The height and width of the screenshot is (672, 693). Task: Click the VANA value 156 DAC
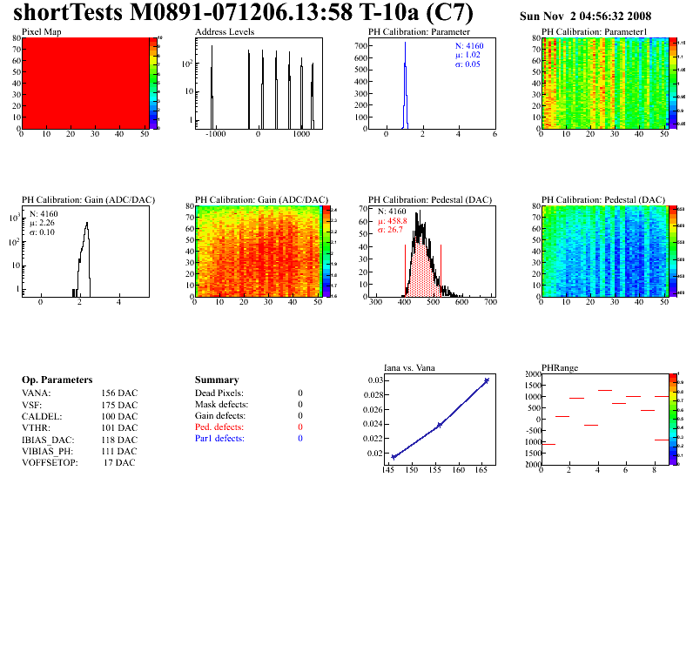pos(119,393)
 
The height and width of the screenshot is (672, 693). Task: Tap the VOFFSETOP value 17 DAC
pos(120,462)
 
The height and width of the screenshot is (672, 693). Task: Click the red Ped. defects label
pos(219,427)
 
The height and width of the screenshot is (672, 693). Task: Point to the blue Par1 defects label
pos(219,439)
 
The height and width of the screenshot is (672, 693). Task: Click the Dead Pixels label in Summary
pos(219,393)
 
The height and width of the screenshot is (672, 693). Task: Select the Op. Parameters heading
pos(57,380)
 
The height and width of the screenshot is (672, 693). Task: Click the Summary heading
pos(217,380)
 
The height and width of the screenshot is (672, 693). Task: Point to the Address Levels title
pos(225,32)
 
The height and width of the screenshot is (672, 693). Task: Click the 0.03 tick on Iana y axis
pos(375,380)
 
